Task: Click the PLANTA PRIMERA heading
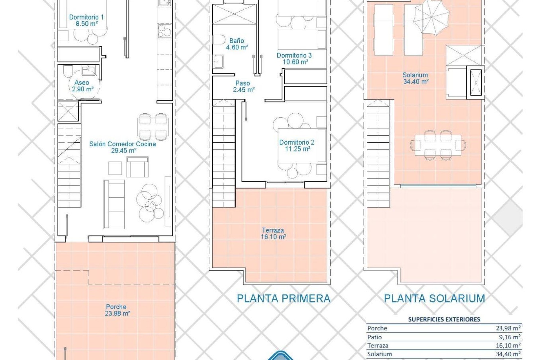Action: (283, 298)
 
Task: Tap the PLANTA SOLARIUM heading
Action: (434, 298)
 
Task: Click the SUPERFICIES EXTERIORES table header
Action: (444, 319)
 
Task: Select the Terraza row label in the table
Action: (377, 346)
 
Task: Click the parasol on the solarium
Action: (432, 17)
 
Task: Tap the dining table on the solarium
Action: (438, 145)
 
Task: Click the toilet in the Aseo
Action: (68, 71)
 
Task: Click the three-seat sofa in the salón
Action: (114, 204)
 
